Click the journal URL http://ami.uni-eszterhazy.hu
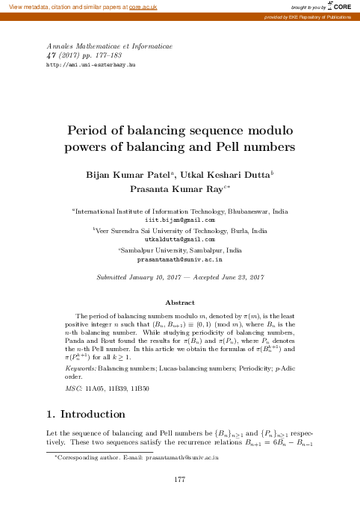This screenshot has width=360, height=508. (x=90, y=66)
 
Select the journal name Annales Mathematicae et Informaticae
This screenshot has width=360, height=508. (x=110, y=46)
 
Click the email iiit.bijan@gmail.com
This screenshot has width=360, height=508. (x=179, y=220)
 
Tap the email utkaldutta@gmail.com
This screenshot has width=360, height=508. (x=179, y=240)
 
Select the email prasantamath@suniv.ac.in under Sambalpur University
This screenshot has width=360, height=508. (x=179, y=258)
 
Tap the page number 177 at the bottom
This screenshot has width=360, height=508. (x=179, y=478)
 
